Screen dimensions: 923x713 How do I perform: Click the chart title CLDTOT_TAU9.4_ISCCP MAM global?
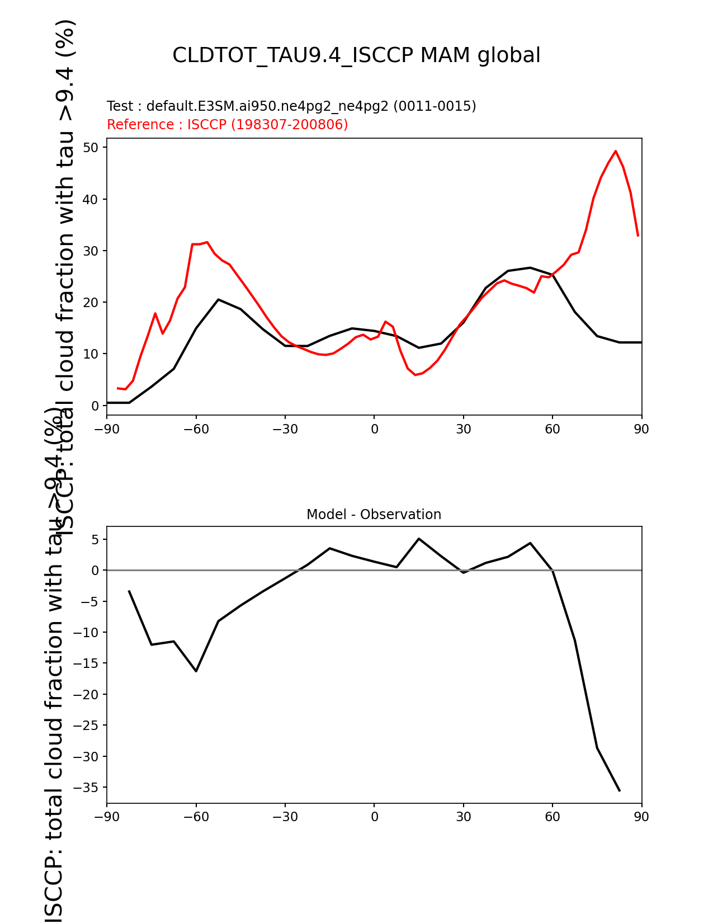356,56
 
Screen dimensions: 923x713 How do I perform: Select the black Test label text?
291,106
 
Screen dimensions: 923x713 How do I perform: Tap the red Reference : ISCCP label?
227,125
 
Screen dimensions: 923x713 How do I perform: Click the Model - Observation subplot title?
374,515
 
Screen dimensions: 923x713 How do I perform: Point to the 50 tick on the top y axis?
91,148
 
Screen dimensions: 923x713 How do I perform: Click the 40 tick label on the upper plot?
91,199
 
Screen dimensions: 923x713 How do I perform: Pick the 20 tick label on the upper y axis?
91,303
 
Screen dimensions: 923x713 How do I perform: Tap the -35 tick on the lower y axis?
87,788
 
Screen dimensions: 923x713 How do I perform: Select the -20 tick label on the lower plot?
87,695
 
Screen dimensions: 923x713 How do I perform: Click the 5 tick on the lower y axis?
95,540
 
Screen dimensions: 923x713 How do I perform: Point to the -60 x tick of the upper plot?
196,429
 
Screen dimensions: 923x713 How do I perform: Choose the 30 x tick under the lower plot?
463,817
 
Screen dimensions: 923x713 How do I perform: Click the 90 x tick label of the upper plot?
641,429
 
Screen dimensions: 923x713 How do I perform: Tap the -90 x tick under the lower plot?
107,817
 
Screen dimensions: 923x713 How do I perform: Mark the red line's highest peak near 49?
615,151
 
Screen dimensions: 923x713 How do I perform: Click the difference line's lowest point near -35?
619,790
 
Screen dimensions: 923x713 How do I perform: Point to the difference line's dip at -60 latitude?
196,671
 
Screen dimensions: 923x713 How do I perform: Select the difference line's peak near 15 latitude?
418,539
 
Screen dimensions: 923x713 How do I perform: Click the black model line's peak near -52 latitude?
218,299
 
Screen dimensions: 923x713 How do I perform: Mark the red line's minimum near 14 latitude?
415,375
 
